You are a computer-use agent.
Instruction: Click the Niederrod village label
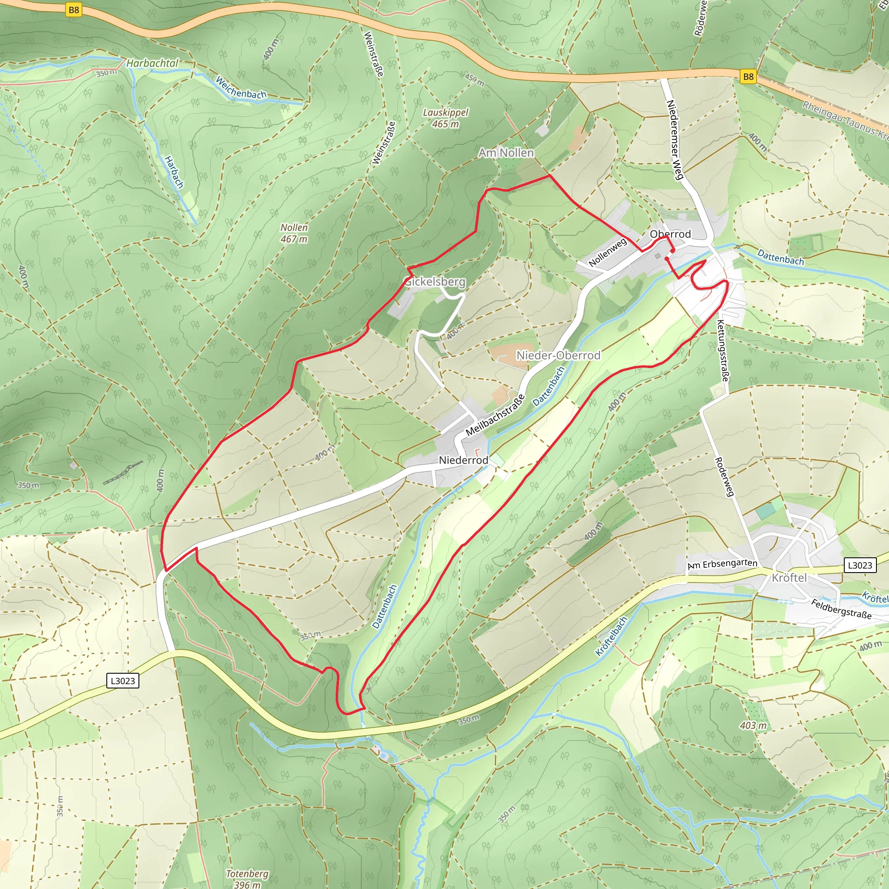pyautogui.click(x=463, y=460)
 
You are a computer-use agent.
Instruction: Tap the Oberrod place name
pyautogui.click(x=670, y=234)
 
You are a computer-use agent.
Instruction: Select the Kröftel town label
pyautogui.click(x=789, y=577)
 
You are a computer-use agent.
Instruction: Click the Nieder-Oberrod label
pyautogui.click(x=558, y=355)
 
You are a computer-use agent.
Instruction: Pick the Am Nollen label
pyautogui.click(x=506, y=152)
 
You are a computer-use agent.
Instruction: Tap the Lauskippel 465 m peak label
pyautogui.click(x=445, y=118)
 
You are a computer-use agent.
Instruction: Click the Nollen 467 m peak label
pyautogui.click(x=294, y=233)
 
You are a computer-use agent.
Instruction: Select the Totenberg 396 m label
pyautogui.click(x=247, y=879)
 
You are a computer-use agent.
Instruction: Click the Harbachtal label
pyautogui.click(x=152, y=63)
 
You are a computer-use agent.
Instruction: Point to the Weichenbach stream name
pyautogui.click(x=240, y=88)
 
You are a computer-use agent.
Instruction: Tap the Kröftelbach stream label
pyautogui.click(x=611, y=636)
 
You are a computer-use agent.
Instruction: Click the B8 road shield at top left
pyautogui.click(x=74, y=10)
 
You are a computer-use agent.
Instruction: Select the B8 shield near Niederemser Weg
pyautogui.click(x=749, y=76)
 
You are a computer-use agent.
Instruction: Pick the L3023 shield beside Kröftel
pyautogui.click(x=859, y=565)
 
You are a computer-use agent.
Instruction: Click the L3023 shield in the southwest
pyautogui.click(x=122, y=681)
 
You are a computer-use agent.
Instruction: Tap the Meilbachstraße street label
pyautogui.click(x=495, y=415)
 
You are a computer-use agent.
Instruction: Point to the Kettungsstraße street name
pyautogui.click(x=723, y=351)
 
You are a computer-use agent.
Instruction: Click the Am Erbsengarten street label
pyautogui.click(x=722, y=564)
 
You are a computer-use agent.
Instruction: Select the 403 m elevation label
pyautogui.click(x=753, y=725)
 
